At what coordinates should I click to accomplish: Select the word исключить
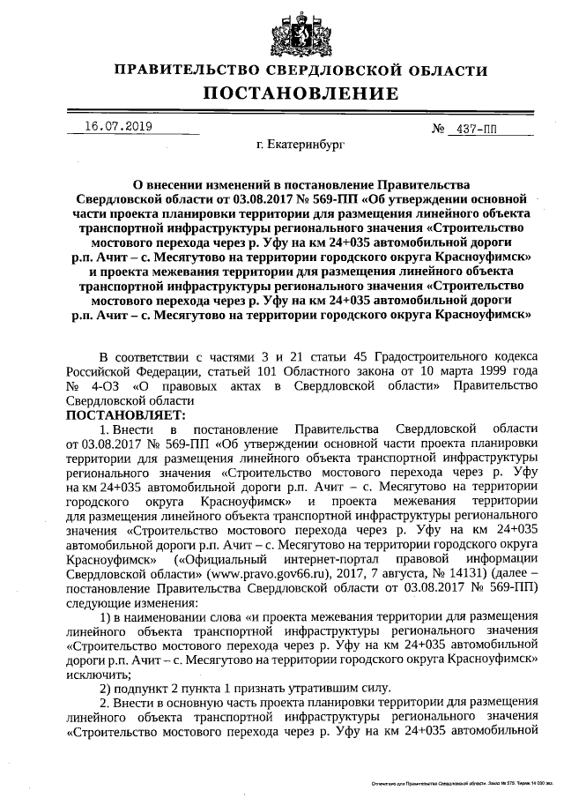click(x=94, y=673)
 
